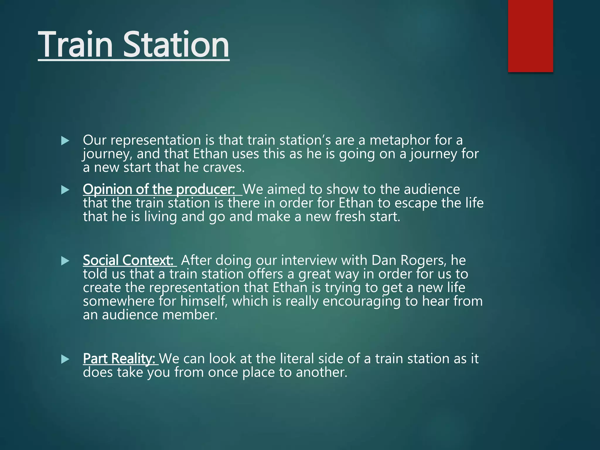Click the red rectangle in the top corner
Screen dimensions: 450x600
click(530, 36)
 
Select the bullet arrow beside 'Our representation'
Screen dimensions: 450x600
click(65, 141)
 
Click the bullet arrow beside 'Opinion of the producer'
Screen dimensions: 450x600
click(65, 190)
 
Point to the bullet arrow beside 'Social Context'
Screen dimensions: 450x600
click(65, 261)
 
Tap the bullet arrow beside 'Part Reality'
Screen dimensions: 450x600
click(65, 359)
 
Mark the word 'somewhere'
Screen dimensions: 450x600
click(119, 301)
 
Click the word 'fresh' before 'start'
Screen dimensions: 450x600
click(349, 217)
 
